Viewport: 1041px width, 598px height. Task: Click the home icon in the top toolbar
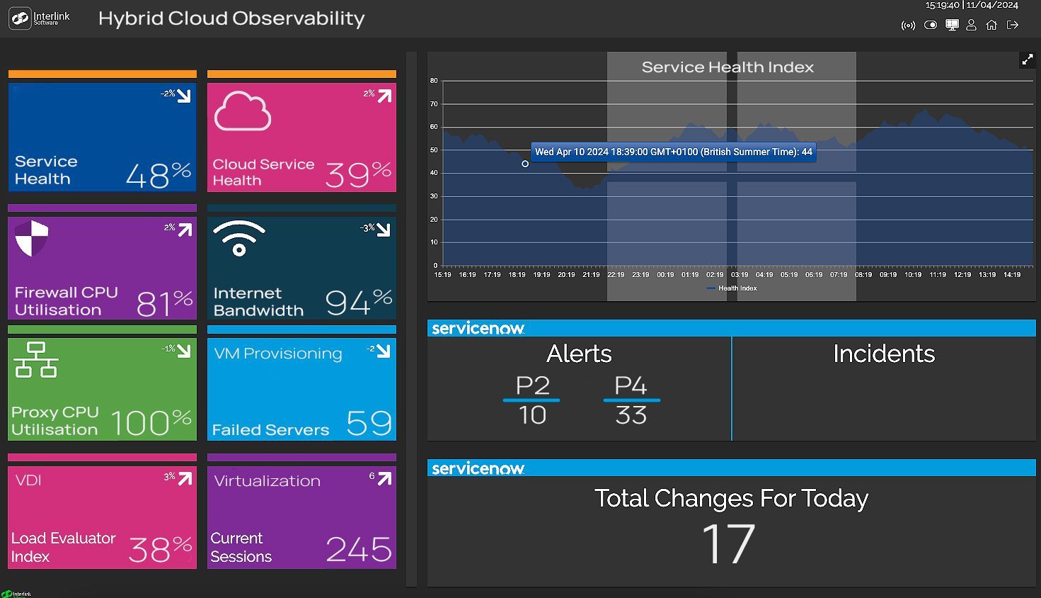[x=991, y=25]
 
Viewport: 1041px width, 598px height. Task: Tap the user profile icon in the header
[x=971, y=25]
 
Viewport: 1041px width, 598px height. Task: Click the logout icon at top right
[x=1012, y=25]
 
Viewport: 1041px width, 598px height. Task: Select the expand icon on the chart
[x=1027, y=60]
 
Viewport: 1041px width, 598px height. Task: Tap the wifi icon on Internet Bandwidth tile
[x=239, y=238]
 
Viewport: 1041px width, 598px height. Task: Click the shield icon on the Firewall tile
[x=32, y=238]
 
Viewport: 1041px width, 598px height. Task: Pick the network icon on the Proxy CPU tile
[x=36, y=360]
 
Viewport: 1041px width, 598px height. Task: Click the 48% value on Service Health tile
[x=159, y=174]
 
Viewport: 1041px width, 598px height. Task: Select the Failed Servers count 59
[x=369, y=422]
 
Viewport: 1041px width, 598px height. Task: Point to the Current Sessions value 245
[x=359, y=549]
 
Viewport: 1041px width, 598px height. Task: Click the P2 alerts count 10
[x=532, y=414]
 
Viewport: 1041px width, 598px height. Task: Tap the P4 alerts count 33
[x=631, y=414]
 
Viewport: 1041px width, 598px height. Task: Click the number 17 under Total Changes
[x=727, y=543]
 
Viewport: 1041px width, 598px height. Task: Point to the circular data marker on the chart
[x=524, y=164]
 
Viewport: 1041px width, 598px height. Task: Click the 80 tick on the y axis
[x=434, y=81]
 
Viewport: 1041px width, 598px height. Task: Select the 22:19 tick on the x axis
[x=615, y=275]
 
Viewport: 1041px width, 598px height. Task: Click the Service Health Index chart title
[x=727, y=67]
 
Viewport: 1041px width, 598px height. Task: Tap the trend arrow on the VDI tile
[x=185, y=478]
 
